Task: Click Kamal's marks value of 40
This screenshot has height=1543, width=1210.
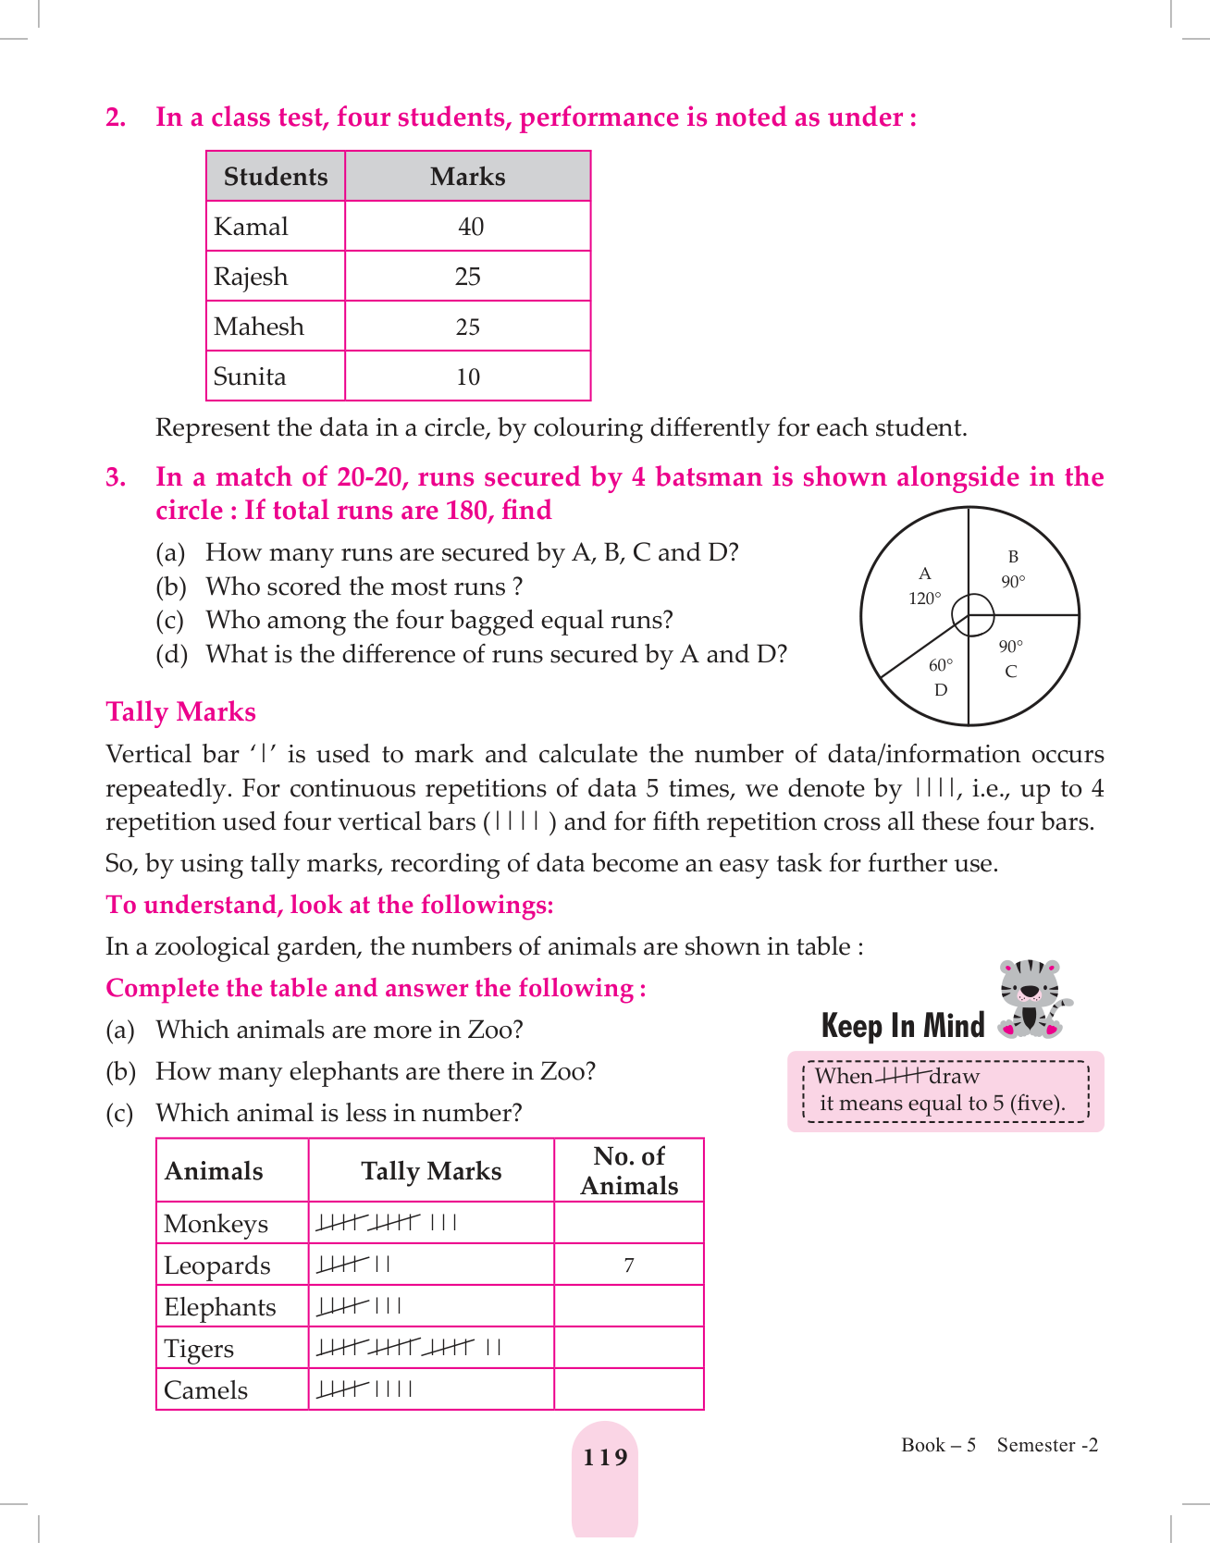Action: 470,227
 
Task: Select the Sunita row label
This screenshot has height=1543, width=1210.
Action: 250,376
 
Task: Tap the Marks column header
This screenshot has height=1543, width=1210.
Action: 467,177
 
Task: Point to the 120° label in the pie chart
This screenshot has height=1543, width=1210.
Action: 924,599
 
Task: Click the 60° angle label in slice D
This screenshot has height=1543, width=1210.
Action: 941,665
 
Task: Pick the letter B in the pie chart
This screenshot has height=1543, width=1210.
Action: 1013,557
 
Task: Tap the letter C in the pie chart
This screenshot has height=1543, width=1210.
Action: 1011,672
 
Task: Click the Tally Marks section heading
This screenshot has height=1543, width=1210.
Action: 180,712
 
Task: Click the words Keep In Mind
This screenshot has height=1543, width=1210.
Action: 903,1026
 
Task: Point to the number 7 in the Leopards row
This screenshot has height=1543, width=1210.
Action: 629,1265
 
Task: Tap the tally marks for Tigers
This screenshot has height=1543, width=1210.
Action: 408,1348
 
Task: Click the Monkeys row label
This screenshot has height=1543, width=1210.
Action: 216,1224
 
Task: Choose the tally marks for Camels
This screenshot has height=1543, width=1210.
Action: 364,1389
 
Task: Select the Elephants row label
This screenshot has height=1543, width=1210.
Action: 220,1307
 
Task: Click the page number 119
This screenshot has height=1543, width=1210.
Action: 605,1458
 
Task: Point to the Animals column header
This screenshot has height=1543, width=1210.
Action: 214,1171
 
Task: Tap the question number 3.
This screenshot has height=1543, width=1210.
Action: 116,477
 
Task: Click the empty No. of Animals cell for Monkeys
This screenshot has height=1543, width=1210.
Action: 629,1223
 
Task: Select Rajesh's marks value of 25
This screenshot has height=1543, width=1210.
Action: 468,277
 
